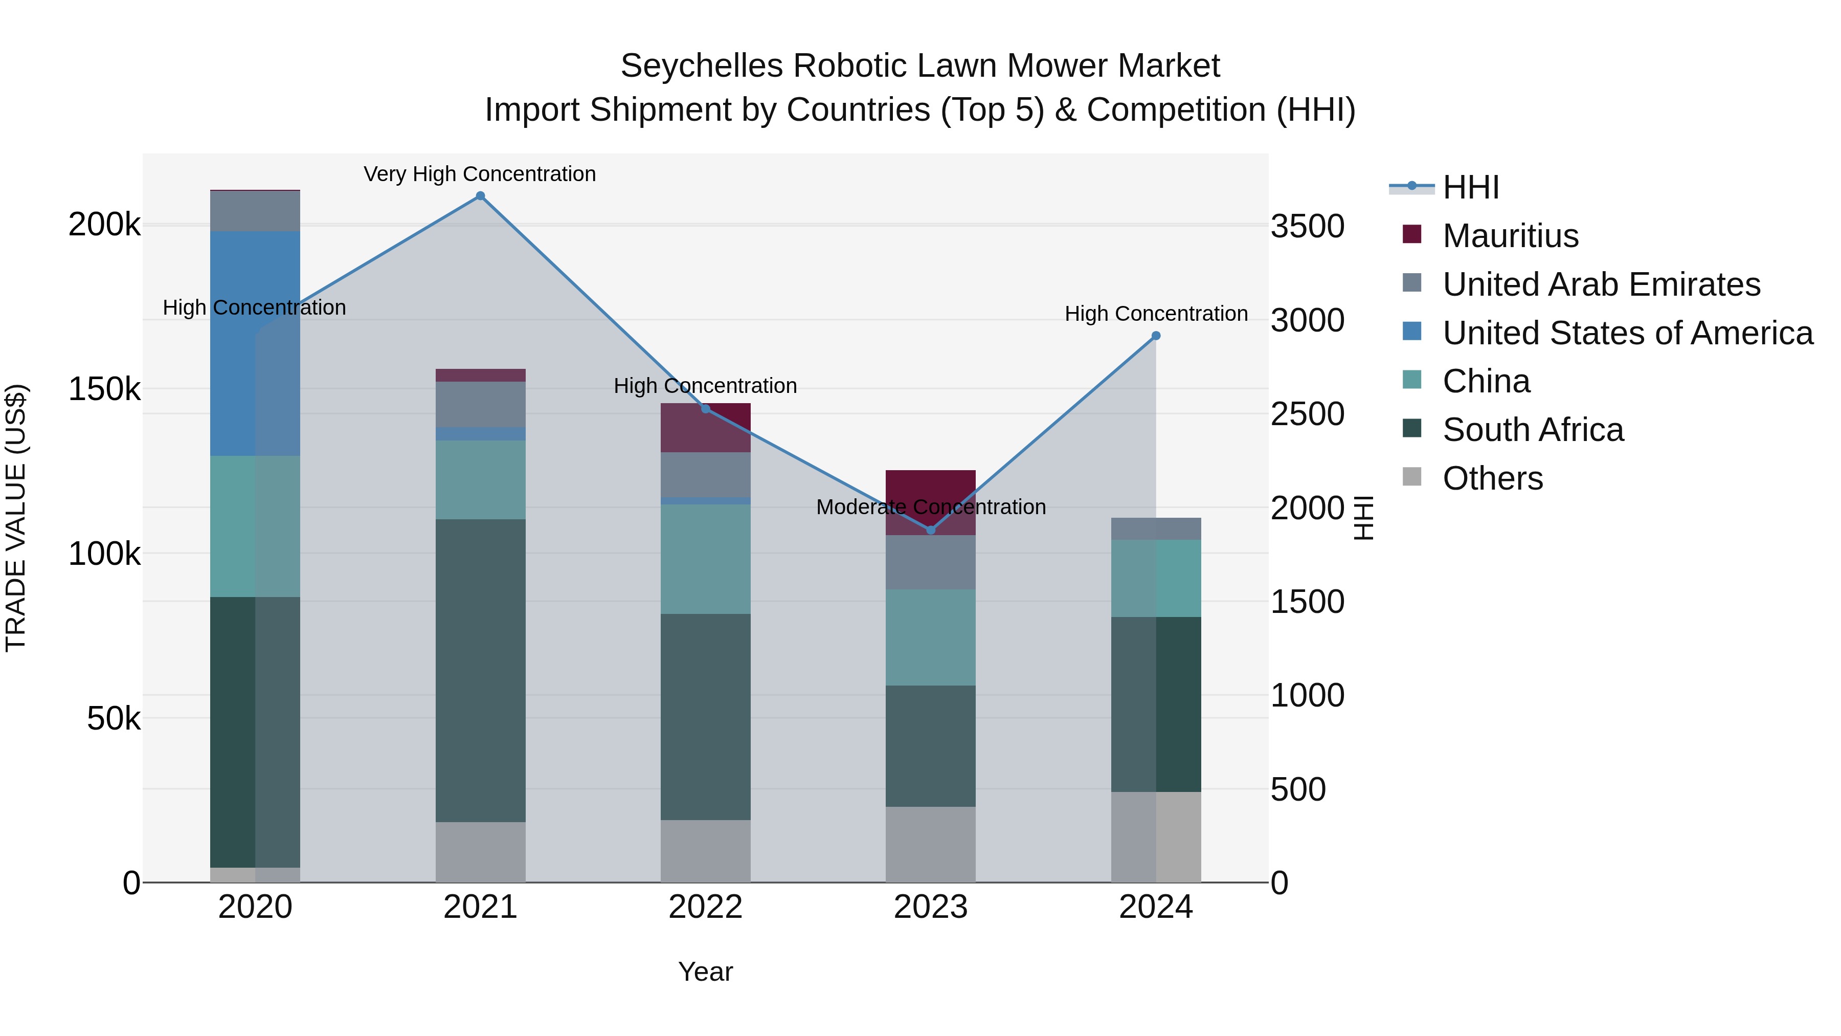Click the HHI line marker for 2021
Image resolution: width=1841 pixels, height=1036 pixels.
pos(480,196)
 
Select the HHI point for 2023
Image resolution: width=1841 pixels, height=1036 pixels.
pos(931,530)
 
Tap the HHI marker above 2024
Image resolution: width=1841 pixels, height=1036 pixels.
pos(1156,336)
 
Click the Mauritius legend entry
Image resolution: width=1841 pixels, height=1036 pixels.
pos(1510,236)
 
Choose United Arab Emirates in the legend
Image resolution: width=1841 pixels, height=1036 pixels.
pos(1601,284)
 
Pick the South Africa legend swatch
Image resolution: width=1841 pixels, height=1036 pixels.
pos(1412,429)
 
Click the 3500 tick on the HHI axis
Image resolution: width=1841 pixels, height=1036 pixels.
pos(1307,227)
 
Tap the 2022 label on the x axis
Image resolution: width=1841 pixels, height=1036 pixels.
pos(705,907)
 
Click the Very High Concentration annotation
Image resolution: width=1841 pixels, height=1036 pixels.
pos(480,174)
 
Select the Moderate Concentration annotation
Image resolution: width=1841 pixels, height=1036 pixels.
pos(931,507)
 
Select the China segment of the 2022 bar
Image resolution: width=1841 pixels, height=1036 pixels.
pos(705,559)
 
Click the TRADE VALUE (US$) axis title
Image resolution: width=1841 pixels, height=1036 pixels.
pos(16,518)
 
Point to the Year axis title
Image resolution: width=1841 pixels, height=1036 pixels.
pos(705,972)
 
